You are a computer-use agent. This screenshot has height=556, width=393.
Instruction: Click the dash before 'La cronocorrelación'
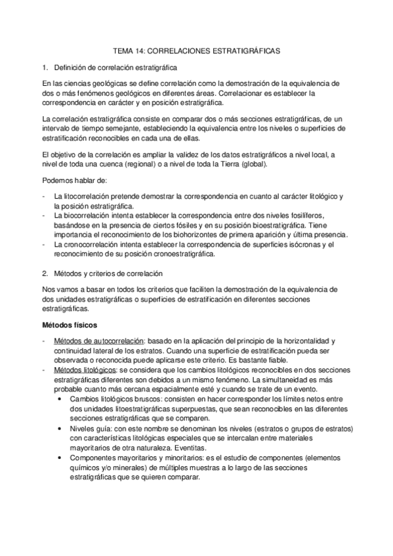click(43, 245)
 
